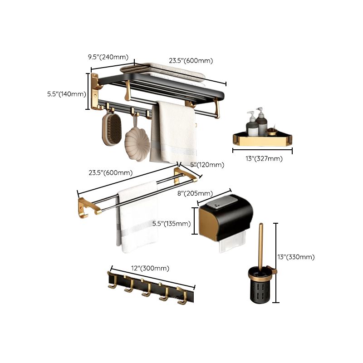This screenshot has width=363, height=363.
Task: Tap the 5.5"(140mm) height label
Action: (66, 94)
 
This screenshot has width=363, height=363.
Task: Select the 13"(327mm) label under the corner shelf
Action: (264, 158)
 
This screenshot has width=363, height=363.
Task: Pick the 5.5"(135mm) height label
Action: (171, 223)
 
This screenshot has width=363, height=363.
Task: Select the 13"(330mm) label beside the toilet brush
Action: (296, 257)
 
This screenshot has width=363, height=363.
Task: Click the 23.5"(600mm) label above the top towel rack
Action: (191, 60)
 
